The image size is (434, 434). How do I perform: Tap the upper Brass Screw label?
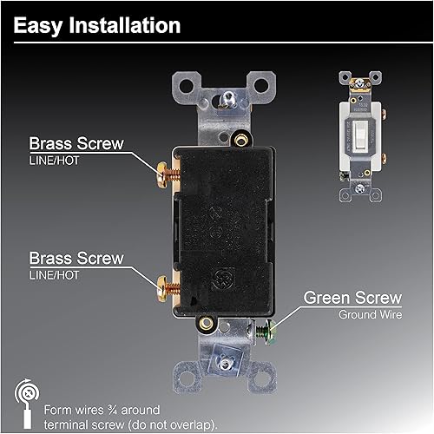(x=76, y=144)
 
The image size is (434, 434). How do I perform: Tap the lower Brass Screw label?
(x=76, y=258)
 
